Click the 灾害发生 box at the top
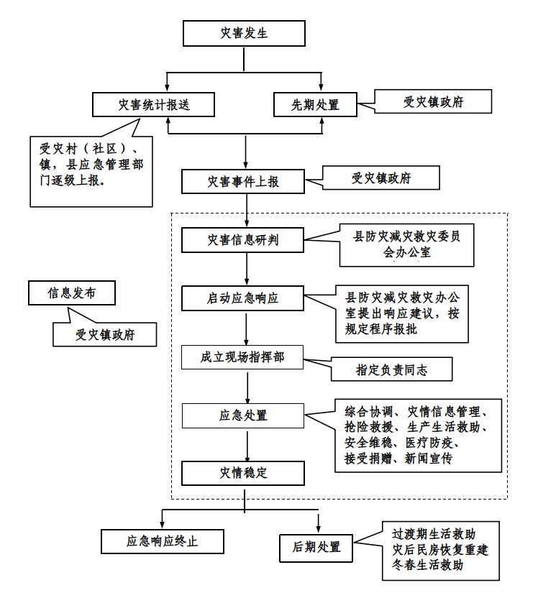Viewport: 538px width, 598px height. click(x=245, y=34)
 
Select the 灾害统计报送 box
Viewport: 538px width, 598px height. click(x=154, y=105)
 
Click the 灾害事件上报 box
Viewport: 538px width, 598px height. click(x=242, y=182)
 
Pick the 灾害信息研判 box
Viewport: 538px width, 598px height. click(x=242, y=240)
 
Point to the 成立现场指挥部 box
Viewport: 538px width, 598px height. click(x=242, y=356)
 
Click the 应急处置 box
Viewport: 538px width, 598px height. click(x=242, y=415)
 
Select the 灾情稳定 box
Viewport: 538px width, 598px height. click(x=242, y=473)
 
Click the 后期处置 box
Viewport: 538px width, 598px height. click(x=316, y=547)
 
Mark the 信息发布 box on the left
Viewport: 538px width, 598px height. click(x=71, y=293)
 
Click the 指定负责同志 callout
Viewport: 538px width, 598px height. click(x=391, y=370)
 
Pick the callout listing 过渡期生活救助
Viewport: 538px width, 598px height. click(x=440, y=550)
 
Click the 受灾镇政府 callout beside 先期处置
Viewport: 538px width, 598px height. click(x=433, y=102)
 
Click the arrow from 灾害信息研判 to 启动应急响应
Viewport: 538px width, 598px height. click(x=247, y=269)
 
